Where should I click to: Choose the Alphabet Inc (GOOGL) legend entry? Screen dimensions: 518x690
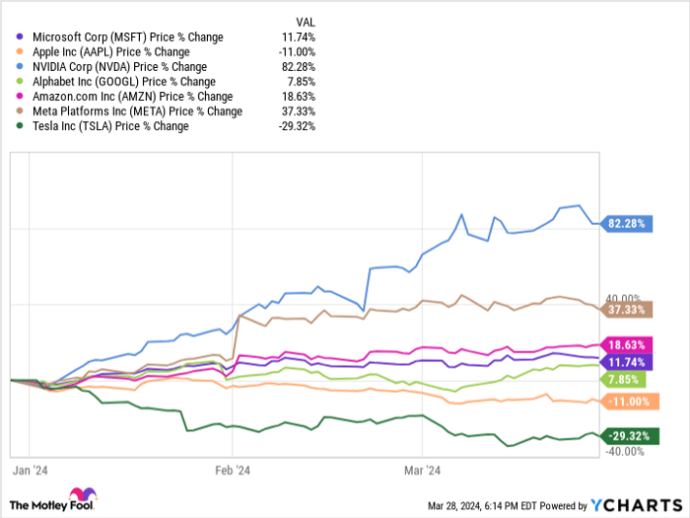125,82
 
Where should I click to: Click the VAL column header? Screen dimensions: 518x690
307,22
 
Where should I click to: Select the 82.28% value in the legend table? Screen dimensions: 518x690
298,67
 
